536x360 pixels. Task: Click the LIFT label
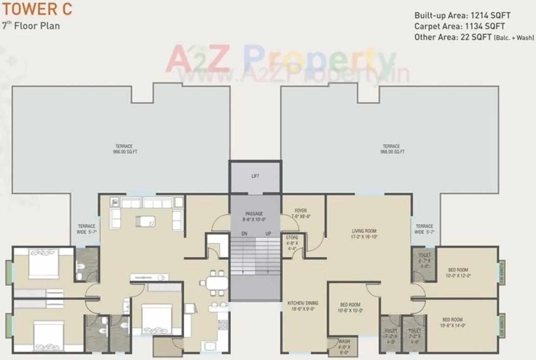[255, 176]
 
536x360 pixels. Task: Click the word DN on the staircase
[244, 234]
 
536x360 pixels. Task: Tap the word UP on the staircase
[268, 234]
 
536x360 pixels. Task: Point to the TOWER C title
[30, 9]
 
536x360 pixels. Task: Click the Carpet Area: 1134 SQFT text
[459, 26]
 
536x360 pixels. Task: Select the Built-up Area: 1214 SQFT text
[462, 15]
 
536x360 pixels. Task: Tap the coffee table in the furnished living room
[145, 221]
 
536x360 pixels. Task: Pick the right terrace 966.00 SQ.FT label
[392, 149]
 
